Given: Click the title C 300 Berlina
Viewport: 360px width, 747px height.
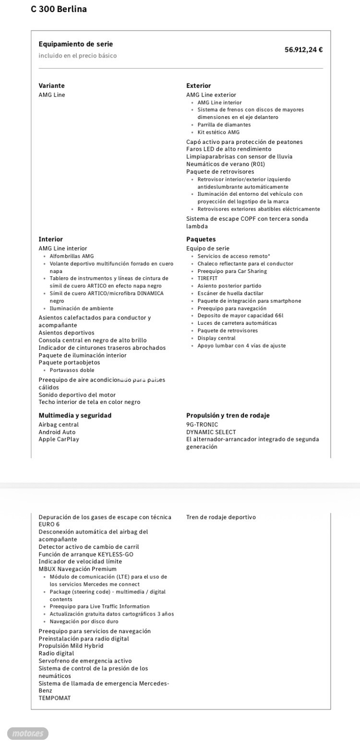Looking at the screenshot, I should tap(59, 9).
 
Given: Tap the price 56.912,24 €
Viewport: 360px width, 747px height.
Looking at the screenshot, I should tap(303, 49).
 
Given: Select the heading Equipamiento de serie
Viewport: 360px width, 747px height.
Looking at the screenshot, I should tap(76, 44).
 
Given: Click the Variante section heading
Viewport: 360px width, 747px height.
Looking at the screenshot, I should tap(51, 86).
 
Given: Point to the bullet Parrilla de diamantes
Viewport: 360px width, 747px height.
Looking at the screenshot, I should tap(224, 125).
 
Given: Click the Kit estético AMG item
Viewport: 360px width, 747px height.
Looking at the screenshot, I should tap(218, 132).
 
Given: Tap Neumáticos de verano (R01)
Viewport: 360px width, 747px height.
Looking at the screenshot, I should tap(226, 164).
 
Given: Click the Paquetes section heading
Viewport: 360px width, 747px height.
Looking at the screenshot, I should tap(201, 239).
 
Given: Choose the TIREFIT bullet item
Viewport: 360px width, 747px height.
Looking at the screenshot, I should tap(207, 278).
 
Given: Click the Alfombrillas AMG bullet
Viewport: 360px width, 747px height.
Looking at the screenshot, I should tap(72, 256).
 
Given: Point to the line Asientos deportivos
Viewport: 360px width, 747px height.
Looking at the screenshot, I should tap(66, 333).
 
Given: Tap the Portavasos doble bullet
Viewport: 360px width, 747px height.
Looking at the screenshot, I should tap(72, 370).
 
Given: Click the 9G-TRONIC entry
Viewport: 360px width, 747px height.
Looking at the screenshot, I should tap(202, 425).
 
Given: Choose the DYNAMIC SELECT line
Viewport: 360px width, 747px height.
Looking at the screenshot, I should tap(211, 432).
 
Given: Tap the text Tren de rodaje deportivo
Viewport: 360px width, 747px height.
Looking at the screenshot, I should tap(221, 517).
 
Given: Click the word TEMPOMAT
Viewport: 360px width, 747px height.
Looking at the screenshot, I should tap(54, 698).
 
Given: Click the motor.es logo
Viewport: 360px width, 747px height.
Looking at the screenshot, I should tap(28, 734).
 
